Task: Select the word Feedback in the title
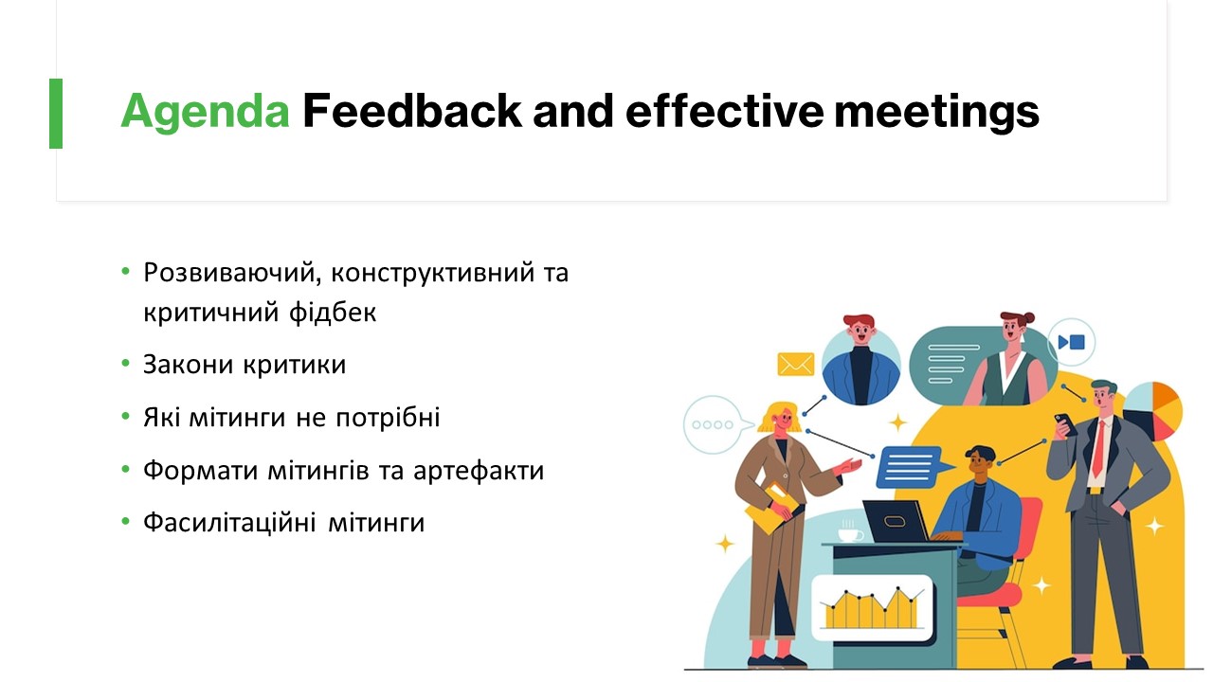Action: tap(412, 111)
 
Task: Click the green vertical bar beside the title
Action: tap(56, 114)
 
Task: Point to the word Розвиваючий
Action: tap(229, 273)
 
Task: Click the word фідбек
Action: tap(333, 313)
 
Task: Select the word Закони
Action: tap(189, 365)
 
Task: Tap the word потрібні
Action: tap(388, 418)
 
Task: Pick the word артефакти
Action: tap(479, 471)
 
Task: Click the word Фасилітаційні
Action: tap(229, 523)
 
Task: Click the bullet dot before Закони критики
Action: tap(126, 363)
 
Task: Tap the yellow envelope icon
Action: tap(795, 365)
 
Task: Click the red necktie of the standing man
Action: tap(1098, 449)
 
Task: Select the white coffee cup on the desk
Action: tap(850, 534)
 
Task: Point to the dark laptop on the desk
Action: tap(896, 521)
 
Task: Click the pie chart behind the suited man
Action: tap(1153, 411)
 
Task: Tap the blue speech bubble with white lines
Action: tap(912, 467)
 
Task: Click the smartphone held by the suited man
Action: tap(1065, 423)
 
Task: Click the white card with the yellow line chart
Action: tap(872, 608)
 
